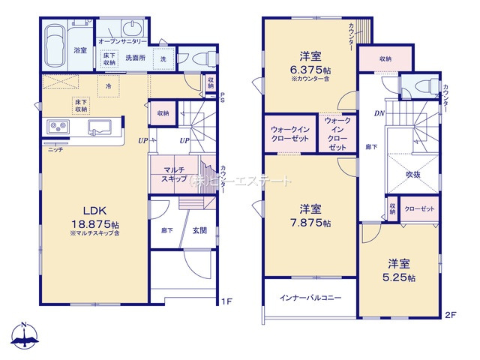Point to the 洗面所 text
coord(135,57)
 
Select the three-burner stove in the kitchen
coord(58,126)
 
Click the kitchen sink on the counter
coord(99,126)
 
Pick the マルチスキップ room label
coord(172,175)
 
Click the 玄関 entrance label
coord(199,231)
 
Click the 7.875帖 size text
coord(310,223)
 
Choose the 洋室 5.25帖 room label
coord(397,271)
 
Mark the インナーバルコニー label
coord(311,298)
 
